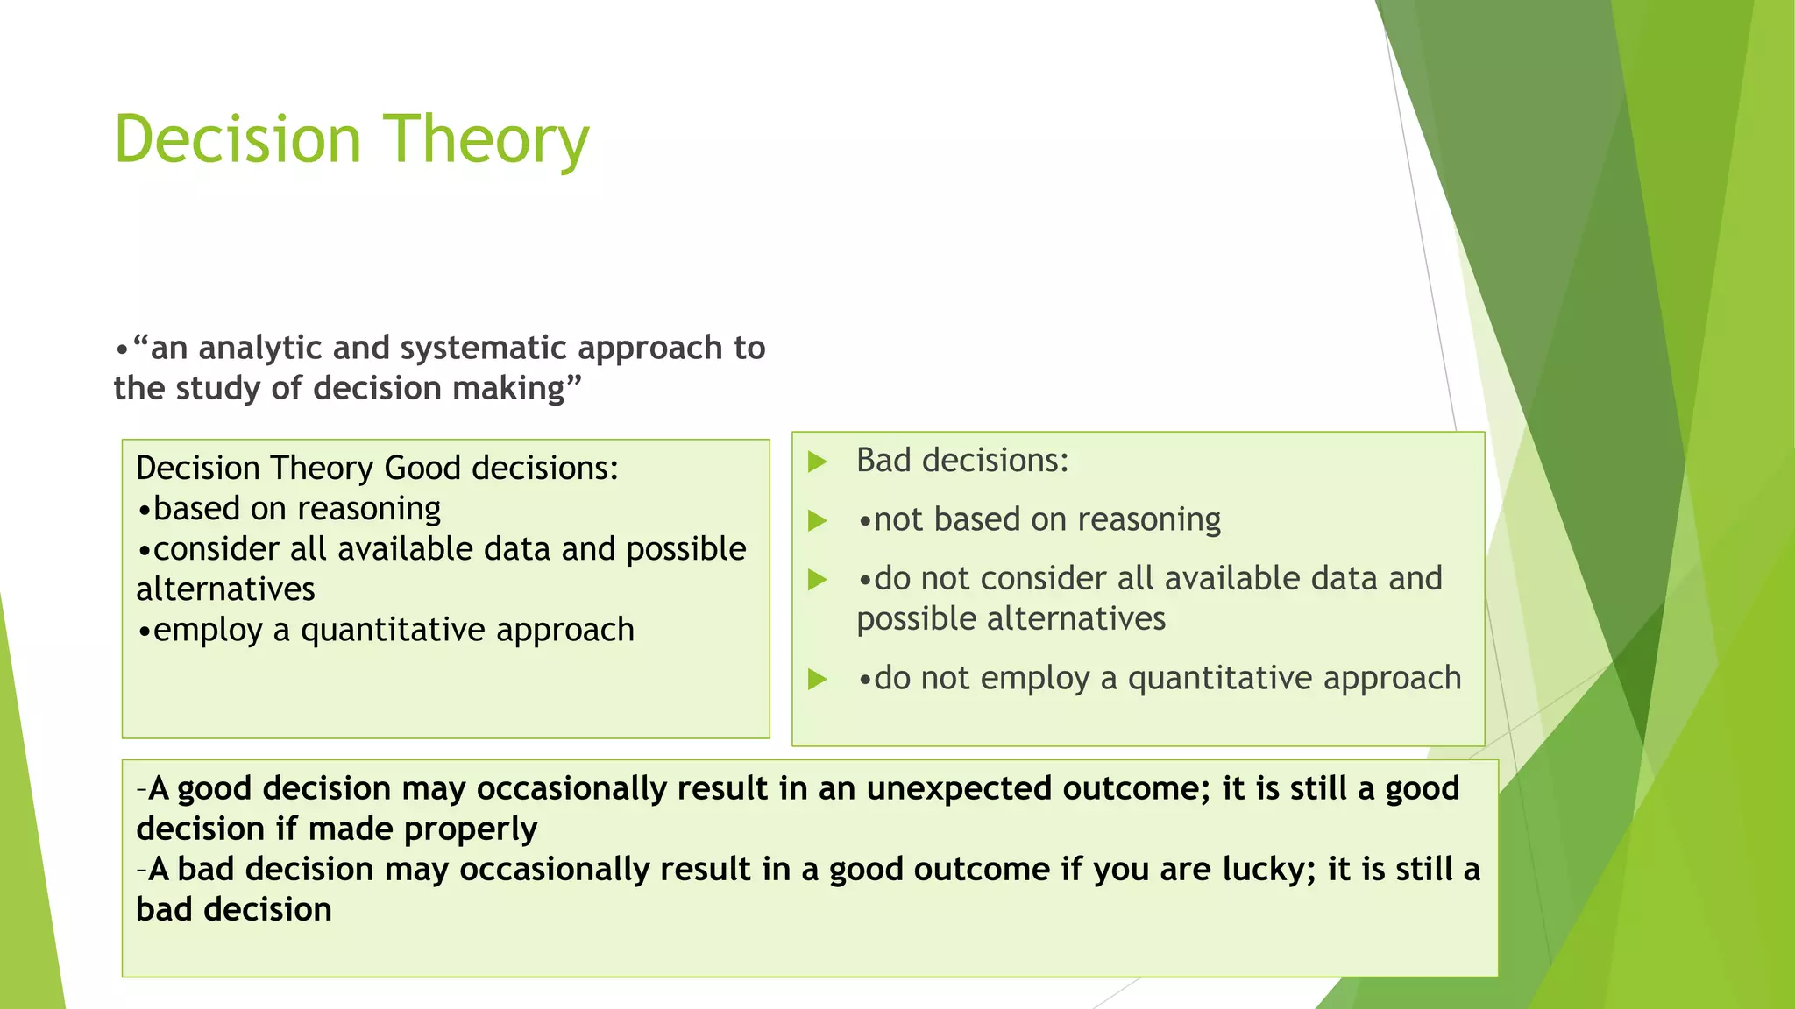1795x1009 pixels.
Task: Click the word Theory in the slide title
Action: [x=486, y=140]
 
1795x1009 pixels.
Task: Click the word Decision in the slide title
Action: [x=238, y=140]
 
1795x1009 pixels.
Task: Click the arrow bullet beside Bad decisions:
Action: [x=817, y=462]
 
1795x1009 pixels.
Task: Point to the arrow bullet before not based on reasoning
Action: [x=817, y=521]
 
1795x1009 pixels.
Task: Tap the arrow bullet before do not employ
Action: [x=817, y=679]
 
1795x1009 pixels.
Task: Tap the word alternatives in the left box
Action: [x=225, y=589]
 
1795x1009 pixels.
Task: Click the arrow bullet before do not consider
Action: [x=817, y=580]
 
